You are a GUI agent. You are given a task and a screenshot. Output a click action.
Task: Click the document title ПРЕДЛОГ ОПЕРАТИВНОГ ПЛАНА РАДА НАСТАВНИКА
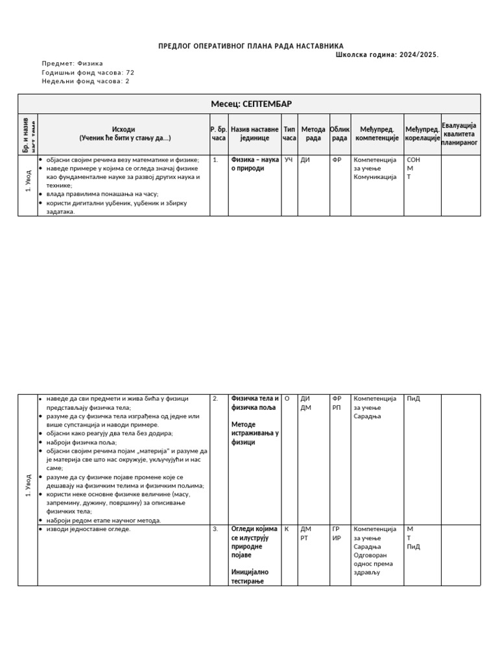click(251, 46)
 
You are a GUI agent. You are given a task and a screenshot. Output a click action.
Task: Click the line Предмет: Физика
click(72, 64)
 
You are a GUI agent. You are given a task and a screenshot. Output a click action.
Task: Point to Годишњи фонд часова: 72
click(88, 73)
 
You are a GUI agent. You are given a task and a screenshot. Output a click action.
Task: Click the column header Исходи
click(123, 130)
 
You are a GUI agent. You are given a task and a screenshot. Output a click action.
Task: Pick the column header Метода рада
click(313, 134)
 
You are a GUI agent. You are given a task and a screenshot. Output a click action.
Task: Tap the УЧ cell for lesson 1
click(289, 160)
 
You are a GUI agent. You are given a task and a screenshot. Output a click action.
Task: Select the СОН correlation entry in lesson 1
click(414, 160)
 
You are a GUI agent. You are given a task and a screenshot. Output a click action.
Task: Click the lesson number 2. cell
click(215, 399)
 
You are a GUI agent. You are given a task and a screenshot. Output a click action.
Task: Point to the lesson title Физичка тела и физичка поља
click(255, 403)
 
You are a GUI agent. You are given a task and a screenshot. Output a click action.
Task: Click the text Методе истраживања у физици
click(255, 433)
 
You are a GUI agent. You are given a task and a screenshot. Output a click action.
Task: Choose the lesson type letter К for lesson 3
click(287, 529)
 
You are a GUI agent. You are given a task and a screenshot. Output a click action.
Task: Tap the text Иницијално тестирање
click(250, 576)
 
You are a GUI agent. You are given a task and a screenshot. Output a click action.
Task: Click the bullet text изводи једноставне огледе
click(89, 529)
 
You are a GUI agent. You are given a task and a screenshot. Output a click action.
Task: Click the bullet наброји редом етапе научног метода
click(104, 520)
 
